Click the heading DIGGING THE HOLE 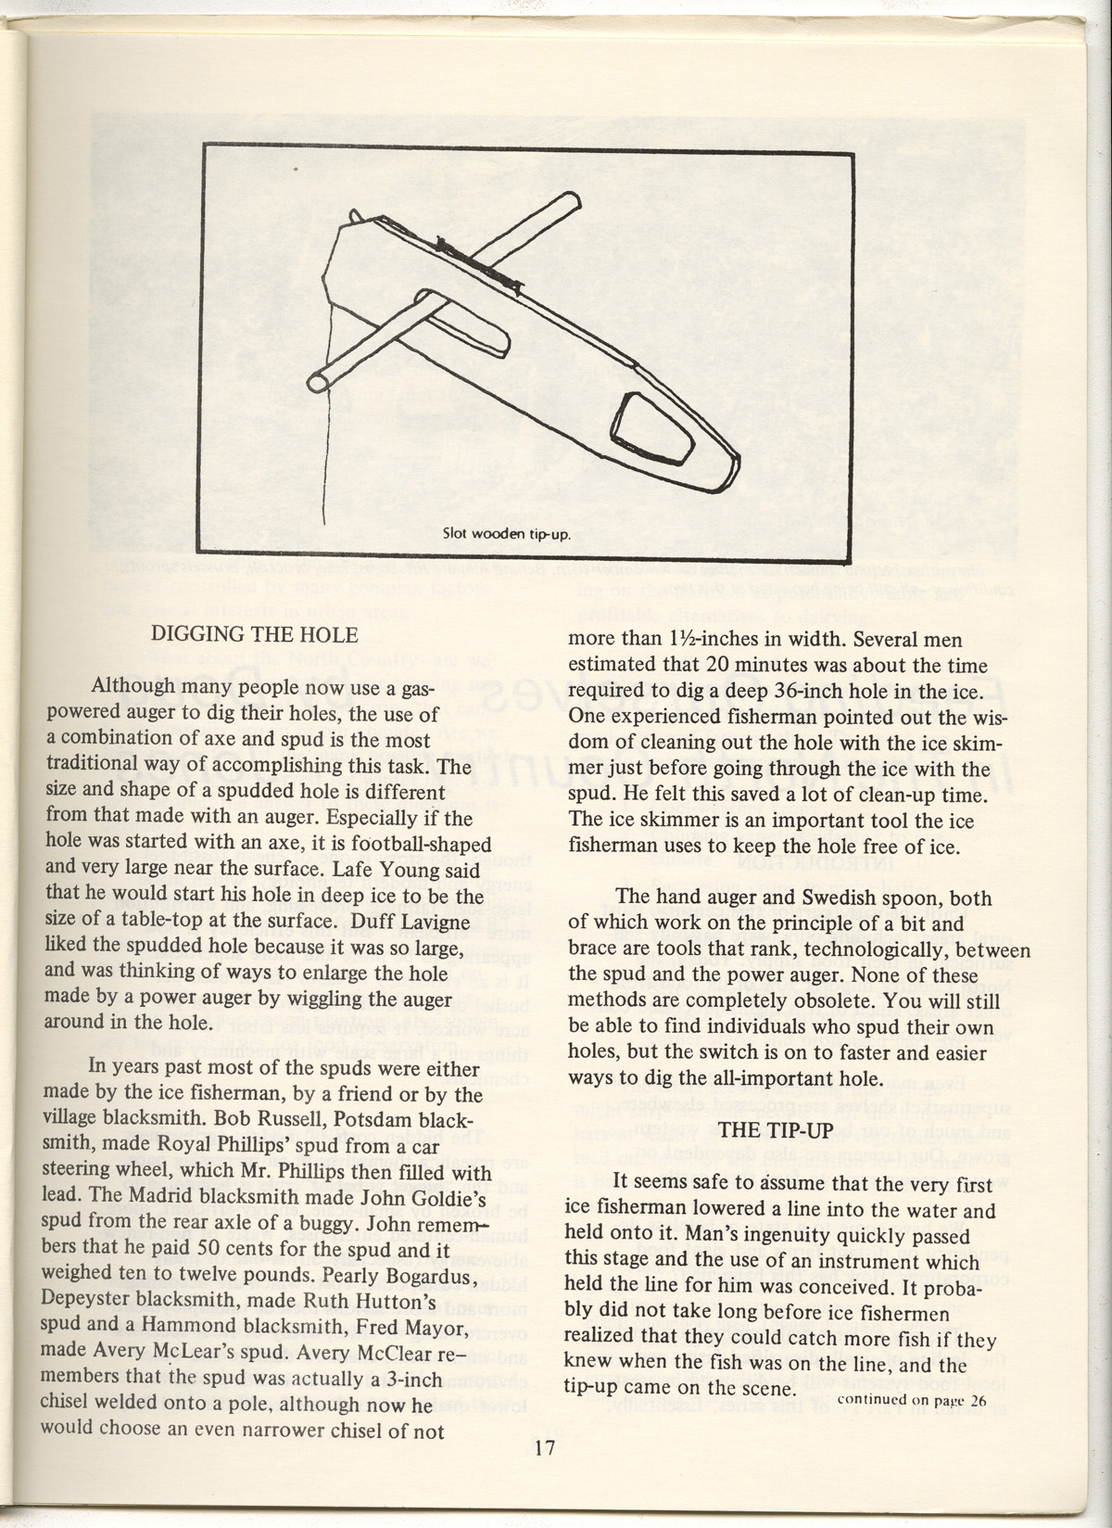254,635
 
